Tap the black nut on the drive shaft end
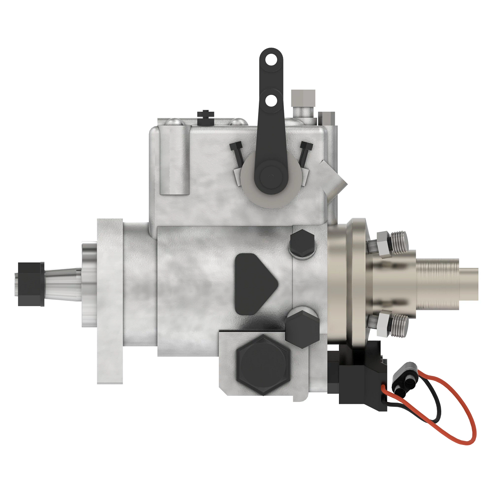pyautogui.click(x=31, y=284)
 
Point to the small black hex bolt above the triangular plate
pyautogui.click(x=302, y=244)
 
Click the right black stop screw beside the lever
pyautogui.click(x=305, y=150)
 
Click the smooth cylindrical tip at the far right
pyautogui.click(x=468, y=284)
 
